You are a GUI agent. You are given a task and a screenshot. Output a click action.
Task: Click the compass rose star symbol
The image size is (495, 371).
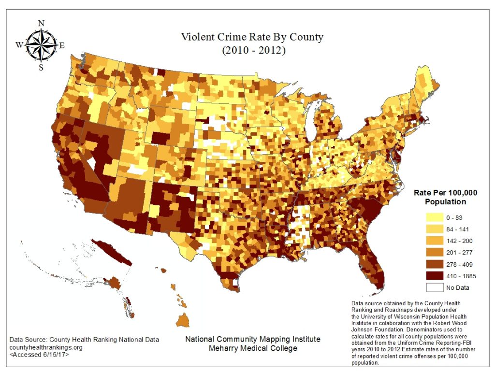(41, 45)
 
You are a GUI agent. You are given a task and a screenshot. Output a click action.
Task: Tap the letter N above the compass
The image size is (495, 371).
(41, 23)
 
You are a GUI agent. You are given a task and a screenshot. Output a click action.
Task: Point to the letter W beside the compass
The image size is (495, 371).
(19, 45)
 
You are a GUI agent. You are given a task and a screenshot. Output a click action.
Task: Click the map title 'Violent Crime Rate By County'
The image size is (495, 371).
(252, 37)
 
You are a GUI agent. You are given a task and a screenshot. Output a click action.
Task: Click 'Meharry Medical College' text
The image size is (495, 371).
(253, 348)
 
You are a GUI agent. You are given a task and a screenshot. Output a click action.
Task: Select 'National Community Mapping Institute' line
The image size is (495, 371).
(253, 339)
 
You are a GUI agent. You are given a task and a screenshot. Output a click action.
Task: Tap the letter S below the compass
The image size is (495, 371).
(41, 68)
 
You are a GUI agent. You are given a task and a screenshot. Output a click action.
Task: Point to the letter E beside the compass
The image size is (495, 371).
(62, 45)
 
